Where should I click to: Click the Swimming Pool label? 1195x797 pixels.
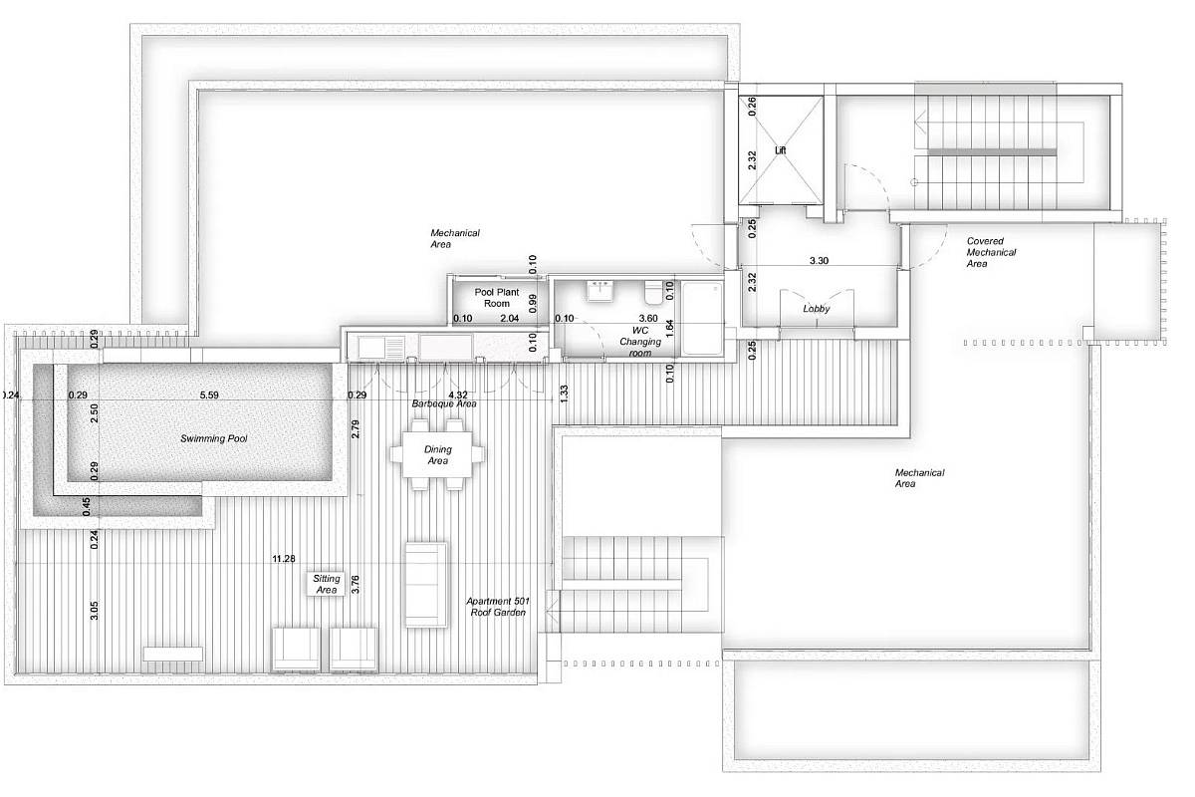(x=213, y=438)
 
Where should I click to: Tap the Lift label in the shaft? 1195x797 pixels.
(x=780, y=150)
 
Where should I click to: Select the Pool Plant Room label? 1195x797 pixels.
(x=497, y=298)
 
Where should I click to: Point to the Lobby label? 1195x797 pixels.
(x=817, y=309)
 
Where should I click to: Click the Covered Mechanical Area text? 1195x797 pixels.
(x=991, y=252)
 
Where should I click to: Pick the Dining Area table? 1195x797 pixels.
(x=437, y=455)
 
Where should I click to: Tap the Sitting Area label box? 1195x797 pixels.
(x=327, y=584)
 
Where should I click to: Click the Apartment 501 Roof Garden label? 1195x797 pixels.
(x=498, y=607)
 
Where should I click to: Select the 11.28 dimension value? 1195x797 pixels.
(x=283, y=558)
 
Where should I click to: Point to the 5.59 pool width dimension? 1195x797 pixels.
(x=209, y=396)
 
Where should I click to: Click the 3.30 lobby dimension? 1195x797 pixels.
(x=819, y=260)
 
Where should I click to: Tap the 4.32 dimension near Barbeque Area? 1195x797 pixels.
(x=458, y=395)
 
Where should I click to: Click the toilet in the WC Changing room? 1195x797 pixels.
(x=653, y=292)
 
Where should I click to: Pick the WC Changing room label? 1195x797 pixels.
(x=640, y=342)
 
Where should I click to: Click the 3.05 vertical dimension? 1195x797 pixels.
(x=94, y=610)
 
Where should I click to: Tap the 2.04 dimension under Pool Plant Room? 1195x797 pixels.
(x=510, y=318)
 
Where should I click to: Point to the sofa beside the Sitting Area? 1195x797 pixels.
(x=426, y=585)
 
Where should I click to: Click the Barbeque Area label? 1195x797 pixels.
(x=444, y=404)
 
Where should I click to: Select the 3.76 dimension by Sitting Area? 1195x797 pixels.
(x=356, y=584)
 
